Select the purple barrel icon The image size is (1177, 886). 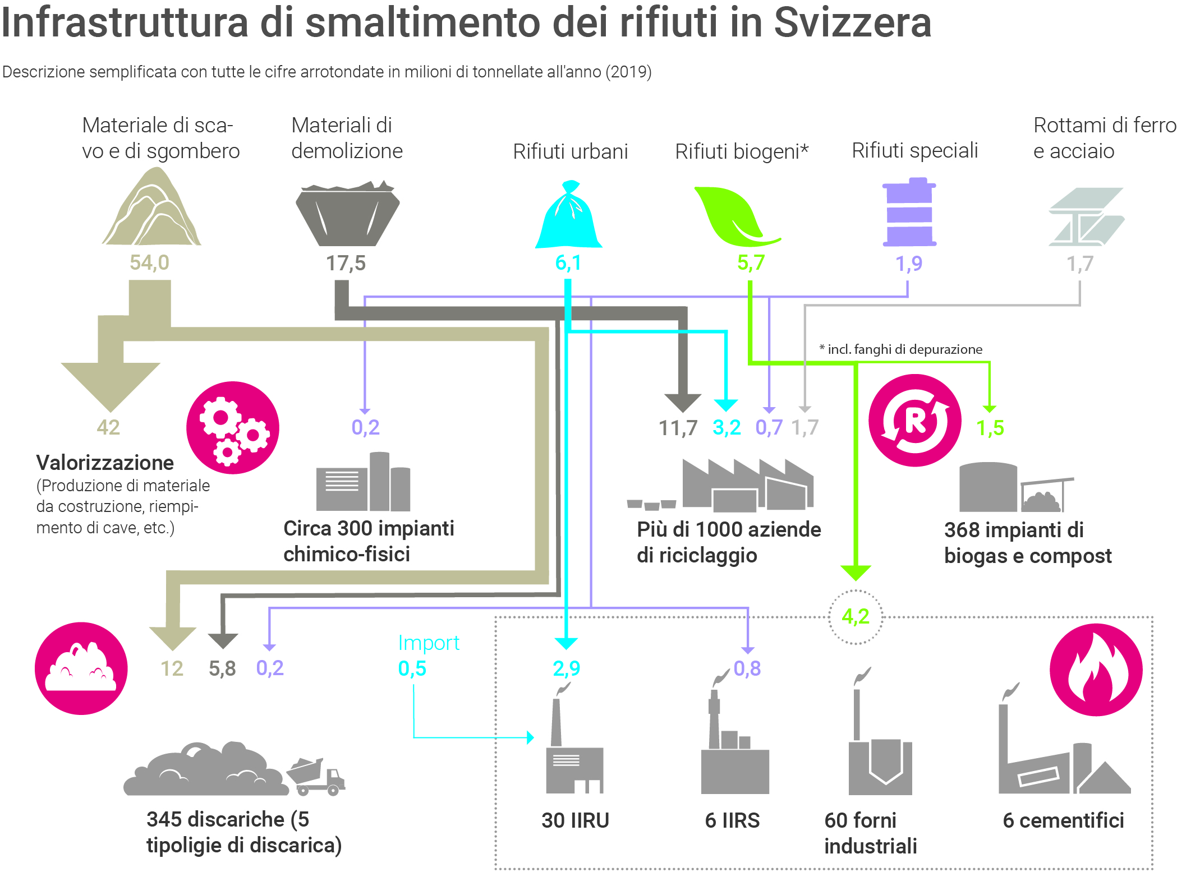[909, 213]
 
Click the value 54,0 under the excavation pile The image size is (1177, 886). [149, 262]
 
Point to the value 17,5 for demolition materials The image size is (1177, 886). [346, 263]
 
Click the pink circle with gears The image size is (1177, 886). [233, 427]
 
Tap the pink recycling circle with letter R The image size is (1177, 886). [915, 420]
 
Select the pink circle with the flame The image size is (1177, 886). [1096, 670]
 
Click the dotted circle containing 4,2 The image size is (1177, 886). [856, 617]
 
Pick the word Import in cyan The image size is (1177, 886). [429, 643]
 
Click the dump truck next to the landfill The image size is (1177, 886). [316, 777]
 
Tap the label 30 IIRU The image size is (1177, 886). [575, 820]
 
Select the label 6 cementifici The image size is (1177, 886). [1063, 820]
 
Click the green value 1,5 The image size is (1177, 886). [990, 428]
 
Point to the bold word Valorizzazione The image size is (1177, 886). [105, 463]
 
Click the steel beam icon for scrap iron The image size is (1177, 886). [1086, 216]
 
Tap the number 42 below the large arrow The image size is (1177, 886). [108, 427]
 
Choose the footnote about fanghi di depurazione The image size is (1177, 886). [901, 349]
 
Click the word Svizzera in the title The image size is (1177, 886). [852, 24]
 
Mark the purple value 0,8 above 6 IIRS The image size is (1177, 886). [747, 668]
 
